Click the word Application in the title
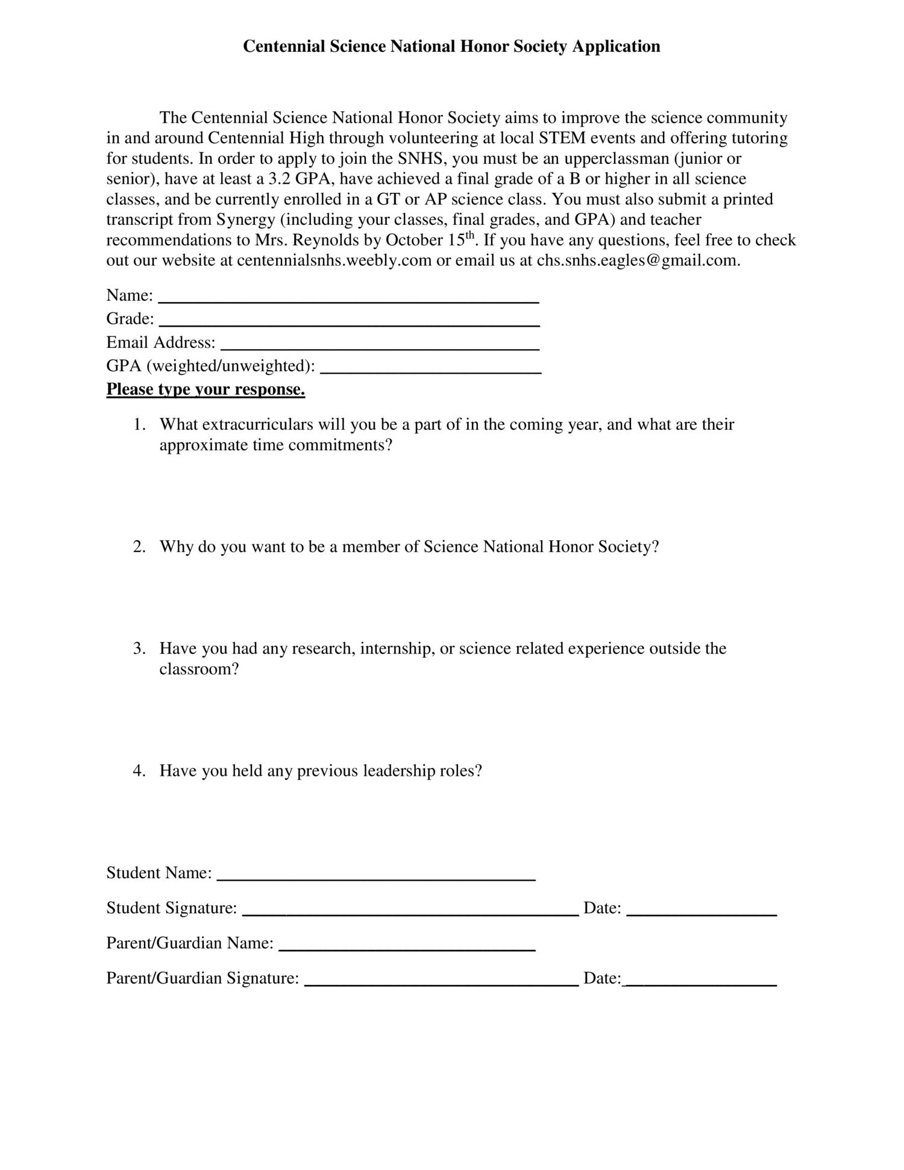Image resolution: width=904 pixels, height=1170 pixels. (x=616, y=46)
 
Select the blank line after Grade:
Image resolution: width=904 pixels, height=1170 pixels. (x=349, y=324)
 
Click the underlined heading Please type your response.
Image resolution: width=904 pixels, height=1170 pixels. (x=206, y=389)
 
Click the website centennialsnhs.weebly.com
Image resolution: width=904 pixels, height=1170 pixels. (x=334, y=260)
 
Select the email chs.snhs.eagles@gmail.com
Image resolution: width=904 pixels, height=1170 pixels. (x=637, y=260)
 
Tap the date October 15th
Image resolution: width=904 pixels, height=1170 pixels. (x=430, y=240)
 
